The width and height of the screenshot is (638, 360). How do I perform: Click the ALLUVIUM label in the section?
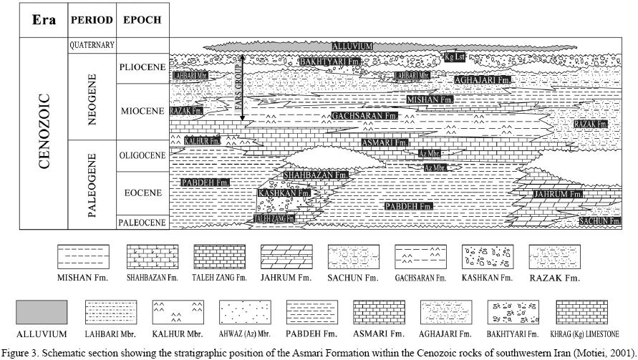(353, 47)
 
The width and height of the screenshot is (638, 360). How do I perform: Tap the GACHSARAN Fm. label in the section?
(360, 115)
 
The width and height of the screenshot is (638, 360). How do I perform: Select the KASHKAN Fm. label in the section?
(284, 193)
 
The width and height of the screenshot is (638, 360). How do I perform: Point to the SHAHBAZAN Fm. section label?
(315, 175)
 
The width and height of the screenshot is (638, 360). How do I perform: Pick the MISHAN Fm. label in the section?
(430, 100)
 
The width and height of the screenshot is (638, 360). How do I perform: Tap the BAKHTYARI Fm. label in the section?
(329, 63)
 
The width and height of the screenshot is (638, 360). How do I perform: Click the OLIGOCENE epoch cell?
(142, 155)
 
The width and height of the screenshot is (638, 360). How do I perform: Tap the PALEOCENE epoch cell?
(142, 223)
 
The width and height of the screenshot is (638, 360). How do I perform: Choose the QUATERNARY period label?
(92, 45)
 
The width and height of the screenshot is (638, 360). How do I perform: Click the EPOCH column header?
(142, 20)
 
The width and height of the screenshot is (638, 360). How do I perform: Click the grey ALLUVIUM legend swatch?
(42, 312)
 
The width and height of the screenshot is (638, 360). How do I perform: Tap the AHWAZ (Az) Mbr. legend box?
(244, 312)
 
